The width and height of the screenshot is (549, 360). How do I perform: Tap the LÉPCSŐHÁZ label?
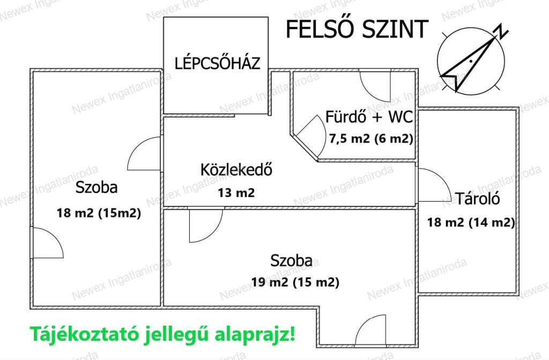pyautogui.click(x=218, y=63)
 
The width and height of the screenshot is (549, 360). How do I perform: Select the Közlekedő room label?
pyautogui.click(x=236, y=170)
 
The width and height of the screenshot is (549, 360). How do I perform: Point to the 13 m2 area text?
pyautogui.click(x=236, y=193)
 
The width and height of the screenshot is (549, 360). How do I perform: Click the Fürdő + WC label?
pyautogui.click(x=369, y=117)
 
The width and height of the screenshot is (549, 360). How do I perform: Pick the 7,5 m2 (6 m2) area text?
pyautogui.click(x=371, y=139)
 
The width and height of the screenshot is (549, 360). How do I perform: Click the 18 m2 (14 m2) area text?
pyautogui.click(x=471, y=222)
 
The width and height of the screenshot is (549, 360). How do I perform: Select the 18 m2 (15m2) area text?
pyautogui.click(x=99, y=213)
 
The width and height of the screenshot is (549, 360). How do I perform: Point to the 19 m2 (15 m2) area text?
pyautogui.click(x=295, y=282)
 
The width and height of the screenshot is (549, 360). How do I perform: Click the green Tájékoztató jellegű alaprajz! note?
pyautogui.click(x=163, y=334)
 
